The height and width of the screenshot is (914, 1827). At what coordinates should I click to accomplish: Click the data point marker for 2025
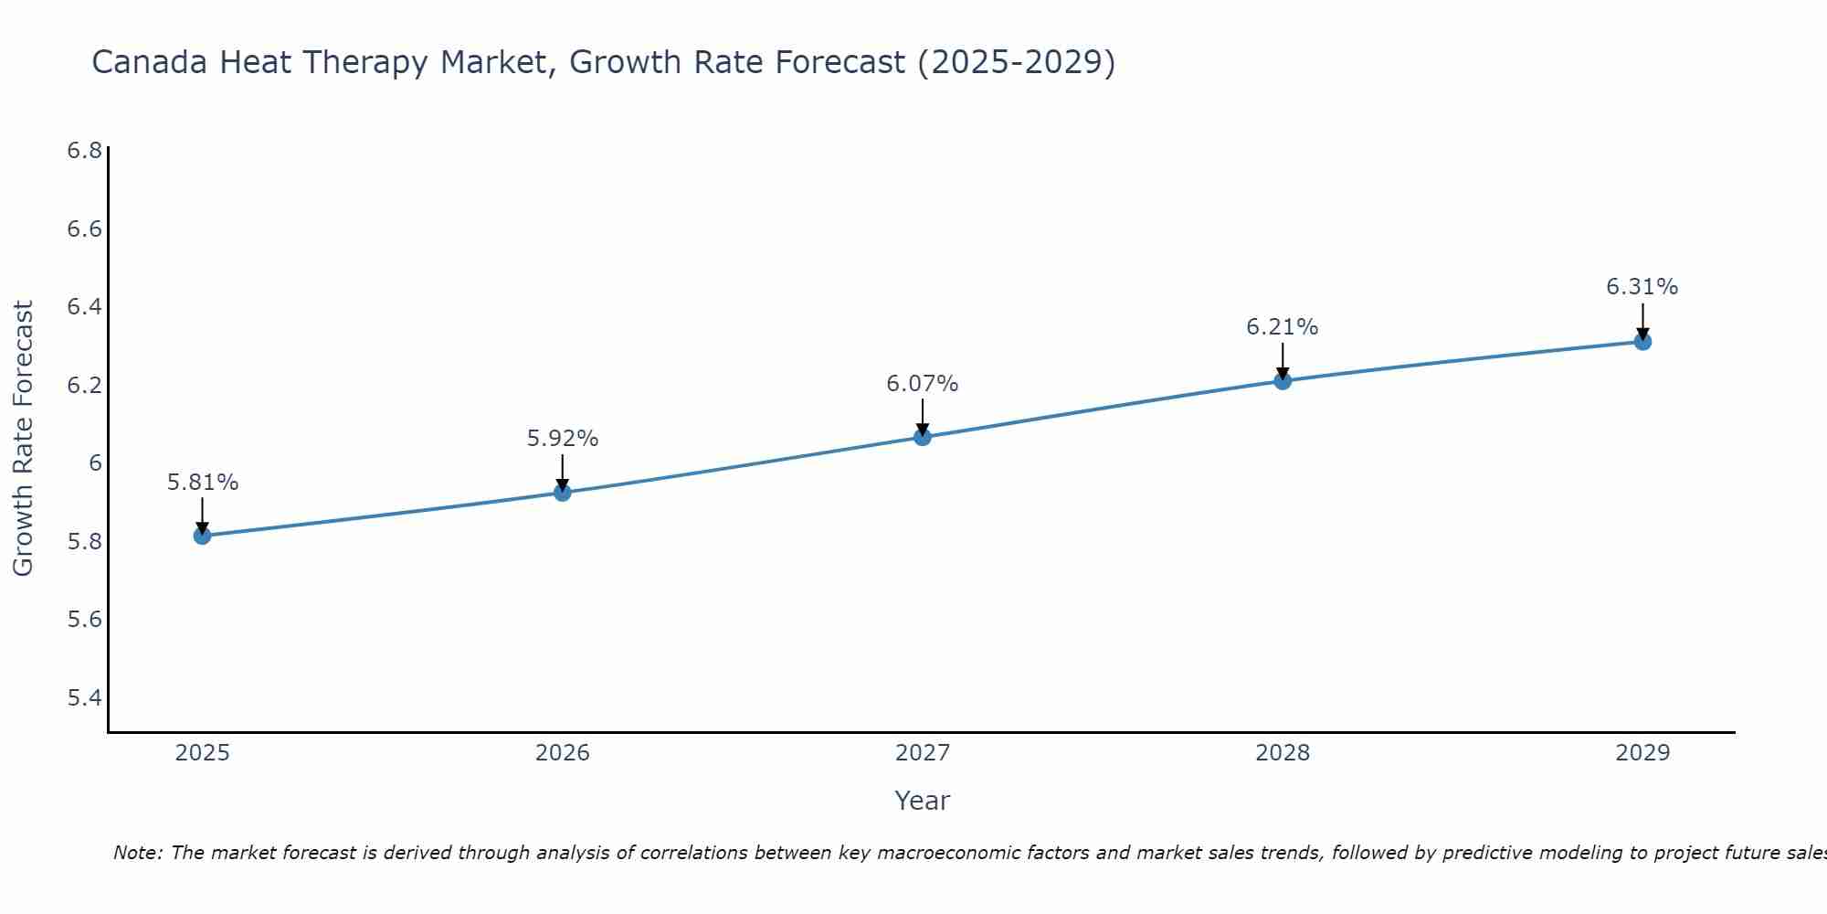tap(203, 536)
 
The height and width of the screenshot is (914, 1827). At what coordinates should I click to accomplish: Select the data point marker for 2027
tap(923, 437)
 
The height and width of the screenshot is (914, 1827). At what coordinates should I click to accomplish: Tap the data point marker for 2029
tap(1642, 342)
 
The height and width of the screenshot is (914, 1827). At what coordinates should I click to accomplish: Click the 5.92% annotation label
tap(563, 439)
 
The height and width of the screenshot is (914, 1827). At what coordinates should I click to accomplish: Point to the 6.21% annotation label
tap(1283, 327)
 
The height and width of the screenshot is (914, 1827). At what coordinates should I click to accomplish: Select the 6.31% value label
tap(1642, 287)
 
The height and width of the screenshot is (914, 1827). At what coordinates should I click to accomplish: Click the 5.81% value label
tap(203, 483)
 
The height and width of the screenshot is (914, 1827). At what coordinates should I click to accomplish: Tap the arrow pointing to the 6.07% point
tap(923, 418)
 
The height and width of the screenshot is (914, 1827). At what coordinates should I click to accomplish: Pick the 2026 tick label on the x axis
tap(563, 753)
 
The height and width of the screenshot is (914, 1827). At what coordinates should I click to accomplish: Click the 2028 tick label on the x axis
tap(1283, 753)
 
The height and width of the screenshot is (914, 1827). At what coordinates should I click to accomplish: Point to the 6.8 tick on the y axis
tap(84, 151)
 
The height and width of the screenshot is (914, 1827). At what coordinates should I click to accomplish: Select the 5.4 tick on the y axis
tap(84, 698)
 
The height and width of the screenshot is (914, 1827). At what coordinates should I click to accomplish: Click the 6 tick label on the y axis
tap(95, 463)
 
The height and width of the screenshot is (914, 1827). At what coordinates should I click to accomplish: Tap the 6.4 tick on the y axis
tap(84, 307)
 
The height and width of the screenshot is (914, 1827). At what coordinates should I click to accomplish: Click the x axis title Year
tap(923, 801)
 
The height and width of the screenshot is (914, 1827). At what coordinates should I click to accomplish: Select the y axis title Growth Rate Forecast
tap(24, 439)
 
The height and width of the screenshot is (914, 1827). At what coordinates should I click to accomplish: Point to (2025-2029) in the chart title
tap(1016, 63)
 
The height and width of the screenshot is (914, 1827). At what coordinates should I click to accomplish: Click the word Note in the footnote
tap(136, 854)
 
